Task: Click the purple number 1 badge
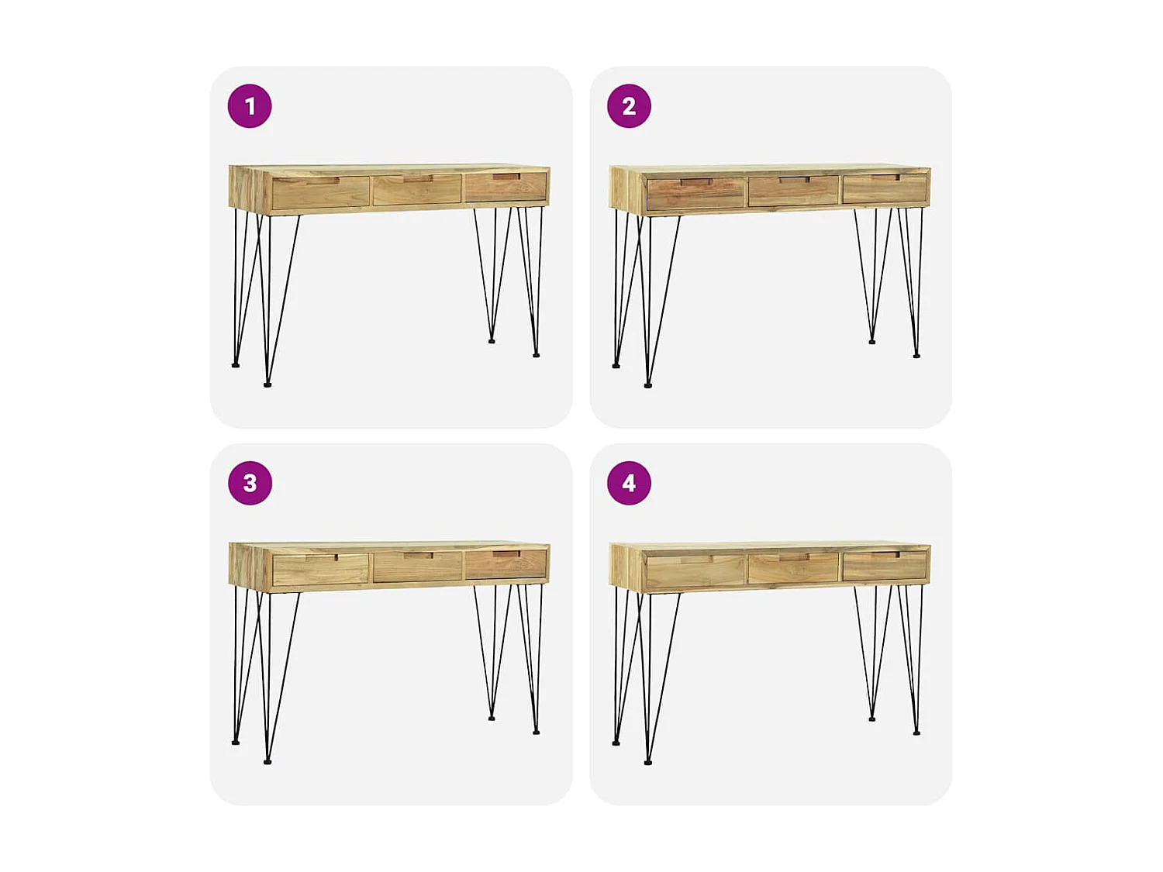tap(250, 106)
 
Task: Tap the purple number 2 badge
tap(629, 106)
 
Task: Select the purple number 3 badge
tap(250, 483)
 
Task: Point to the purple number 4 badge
tap(629, 483)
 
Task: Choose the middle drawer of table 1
tap(417, 190)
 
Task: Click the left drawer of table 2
tap(695, 194)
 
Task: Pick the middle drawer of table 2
tap(793, 191)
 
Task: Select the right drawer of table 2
tap(884, 188)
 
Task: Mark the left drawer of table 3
tap(320, 570)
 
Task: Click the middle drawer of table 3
tap(417, 567)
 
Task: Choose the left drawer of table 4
tap(695, 571)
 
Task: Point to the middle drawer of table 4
tap(793, 568)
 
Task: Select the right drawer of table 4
tap(884, 566)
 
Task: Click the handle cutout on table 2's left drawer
tap(695, 182)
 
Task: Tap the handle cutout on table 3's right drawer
tap(506, 554)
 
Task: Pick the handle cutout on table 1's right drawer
tap(506, 177)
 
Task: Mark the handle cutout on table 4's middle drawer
tap(794, 557)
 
